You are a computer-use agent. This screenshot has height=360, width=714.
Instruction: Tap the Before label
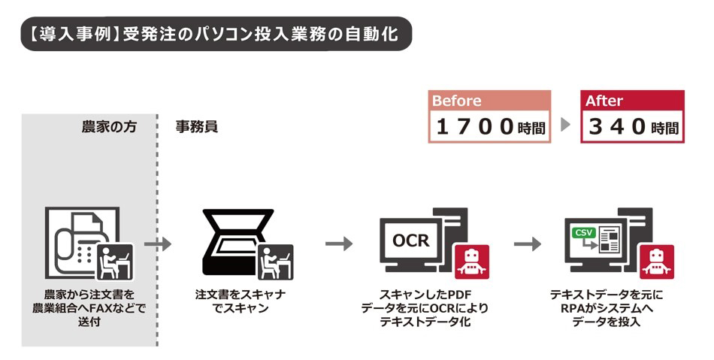coord(457,101)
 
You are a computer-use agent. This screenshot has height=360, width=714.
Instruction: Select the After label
coord(604,101)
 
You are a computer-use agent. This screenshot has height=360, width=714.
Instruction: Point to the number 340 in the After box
coord(617,127)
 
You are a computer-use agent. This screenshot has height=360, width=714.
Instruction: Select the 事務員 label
coord(197,126)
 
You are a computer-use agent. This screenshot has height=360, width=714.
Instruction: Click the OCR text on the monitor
coord(410,241)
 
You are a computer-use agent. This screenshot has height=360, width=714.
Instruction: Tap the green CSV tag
coord(583,232)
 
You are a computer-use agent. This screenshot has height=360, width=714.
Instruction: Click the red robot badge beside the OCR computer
coord(471,261)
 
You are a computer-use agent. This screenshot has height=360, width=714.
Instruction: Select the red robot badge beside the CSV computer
coord(656,261)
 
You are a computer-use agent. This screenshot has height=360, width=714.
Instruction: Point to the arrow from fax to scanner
coord(158,244)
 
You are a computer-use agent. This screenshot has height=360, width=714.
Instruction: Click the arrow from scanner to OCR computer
coord(339,244)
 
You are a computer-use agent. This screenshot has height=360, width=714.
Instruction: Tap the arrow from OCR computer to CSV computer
coord(528,244)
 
